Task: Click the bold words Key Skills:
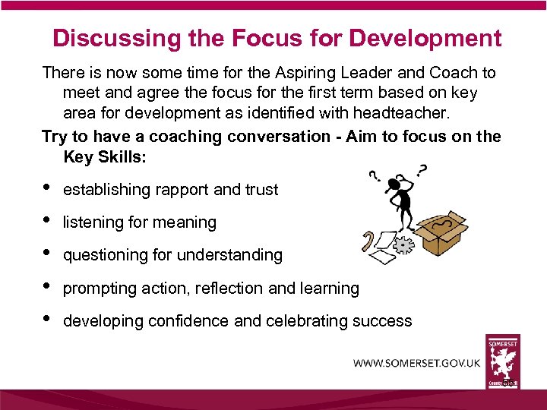103,157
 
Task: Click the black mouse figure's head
396,184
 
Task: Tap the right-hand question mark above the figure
421,169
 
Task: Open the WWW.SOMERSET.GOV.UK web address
416,363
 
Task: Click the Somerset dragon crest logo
503,362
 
